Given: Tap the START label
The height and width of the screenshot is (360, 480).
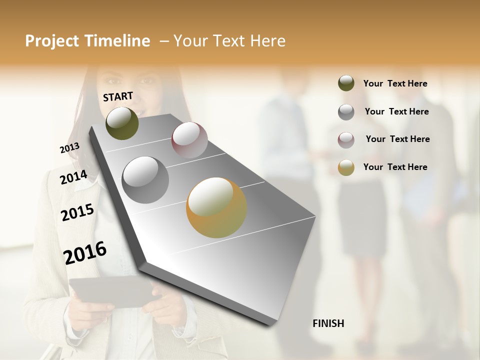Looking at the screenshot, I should click(x=118, y=96).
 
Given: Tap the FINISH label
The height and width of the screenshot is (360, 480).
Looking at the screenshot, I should click(x=328, y=323).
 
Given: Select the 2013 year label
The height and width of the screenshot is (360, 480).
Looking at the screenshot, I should click(x=69, y=148).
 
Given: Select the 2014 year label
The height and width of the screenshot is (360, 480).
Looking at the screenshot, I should click(x=73, y=177).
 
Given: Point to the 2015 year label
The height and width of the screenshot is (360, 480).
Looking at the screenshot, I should click(x=77, y=212).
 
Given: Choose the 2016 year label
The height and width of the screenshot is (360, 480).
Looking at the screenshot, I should click(x=85, y=252).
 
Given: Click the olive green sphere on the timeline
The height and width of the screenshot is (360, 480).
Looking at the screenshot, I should click(x=122, y=123).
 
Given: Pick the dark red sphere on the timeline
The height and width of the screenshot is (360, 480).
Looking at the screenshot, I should click(x=189, y=139).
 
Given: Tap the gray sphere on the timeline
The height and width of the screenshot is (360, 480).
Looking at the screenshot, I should click(x=145, y=180).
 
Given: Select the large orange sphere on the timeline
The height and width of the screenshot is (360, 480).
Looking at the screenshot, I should click(x=216, y=207).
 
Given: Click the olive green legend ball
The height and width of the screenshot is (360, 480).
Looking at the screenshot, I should click(x=346, y=83).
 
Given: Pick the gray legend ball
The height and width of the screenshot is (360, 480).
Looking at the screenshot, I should click(x=346, y=112).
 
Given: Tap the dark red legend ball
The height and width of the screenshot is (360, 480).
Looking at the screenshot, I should click(x=346, y=139).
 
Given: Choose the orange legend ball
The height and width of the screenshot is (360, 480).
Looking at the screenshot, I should click(x=346, y=167).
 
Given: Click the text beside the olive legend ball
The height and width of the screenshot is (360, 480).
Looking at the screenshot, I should click(x=395, y=84).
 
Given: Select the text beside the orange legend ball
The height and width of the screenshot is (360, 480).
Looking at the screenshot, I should click(x=395, y=167).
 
